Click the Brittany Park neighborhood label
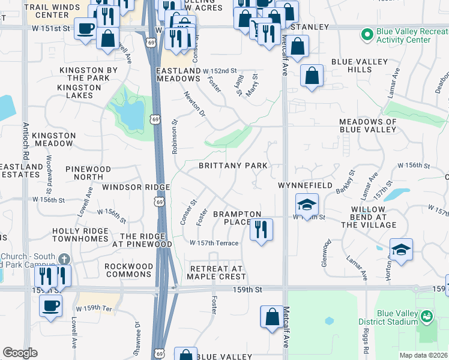click(x=233, y=165)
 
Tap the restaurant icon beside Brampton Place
click(x=261, y=230)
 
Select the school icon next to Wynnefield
click(x=306, y=205)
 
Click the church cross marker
click(x=64, y=259)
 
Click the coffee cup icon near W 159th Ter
click(x=50, y=305)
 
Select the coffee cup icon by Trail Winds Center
click(x=85, y=28)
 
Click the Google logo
click(x=20, y=353)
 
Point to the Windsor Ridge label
click(x=127, y=187)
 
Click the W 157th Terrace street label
click(x=214, y=243)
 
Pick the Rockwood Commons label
click(x=128, y=270)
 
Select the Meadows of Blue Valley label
click(x=368, y=125)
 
